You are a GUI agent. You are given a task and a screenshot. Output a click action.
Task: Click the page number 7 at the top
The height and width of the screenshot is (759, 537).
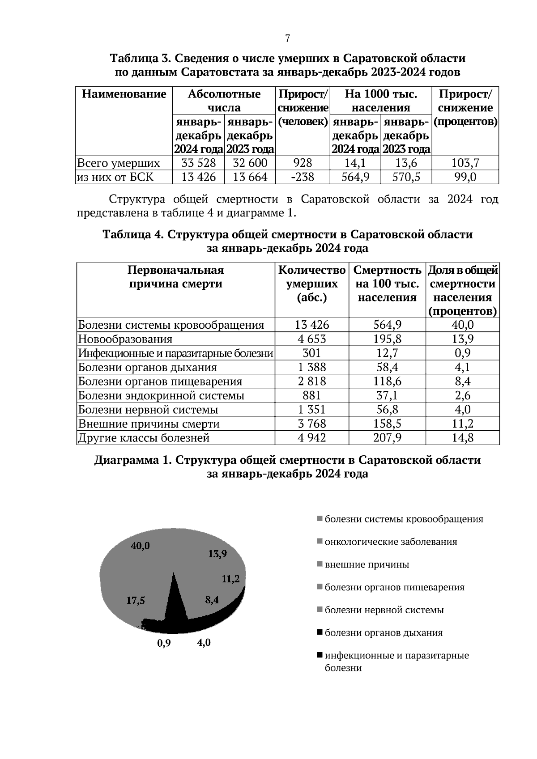point(288,38)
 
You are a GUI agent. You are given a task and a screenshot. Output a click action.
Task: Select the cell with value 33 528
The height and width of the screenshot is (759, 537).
point(199,163)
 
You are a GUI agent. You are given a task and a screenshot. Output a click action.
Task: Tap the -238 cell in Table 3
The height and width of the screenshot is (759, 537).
point(303,177)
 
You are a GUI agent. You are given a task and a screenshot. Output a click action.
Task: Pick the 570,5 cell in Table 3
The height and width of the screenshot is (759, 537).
point(406,177)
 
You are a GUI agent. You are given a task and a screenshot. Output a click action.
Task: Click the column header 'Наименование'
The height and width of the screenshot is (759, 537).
point(124,94)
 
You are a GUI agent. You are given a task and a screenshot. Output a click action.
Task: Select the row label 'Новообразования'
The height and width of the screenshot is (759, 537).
point(125,339)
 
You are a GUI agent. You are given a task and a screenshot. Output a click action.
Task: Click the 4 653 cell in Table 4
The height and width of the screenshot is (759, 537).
point(312,339)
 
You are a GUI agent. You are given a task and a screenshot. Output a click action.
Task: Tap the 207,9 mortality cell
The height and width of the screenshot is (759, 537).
point(388,437)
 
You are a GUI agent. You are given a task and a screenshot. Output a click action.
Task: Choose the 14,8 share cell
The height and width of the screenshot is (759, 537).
point(462,437)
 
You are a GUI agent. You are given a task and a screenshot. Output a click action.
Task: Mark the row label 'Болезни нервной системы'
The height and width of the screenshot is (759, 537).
point(148,410)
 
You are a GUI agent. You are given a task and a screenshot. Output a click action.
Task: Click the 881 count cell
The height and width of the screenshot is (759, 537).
point(312,395)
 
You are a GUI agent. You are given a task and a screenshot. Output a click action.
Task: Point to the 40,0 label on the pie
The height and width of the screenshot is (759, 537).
point(140,546)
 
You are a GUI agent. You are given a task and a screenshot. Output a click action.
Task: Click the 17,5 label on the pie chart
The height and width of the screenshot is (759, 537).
point(136,601)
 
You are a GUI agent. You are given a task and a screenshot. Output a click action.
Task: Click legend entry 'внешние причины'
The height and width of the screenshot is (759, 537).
point(367,564)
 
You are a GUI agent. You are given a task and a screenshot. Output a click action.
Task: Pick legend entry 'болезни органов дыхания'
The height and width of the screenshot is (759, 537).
point(383,633)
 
